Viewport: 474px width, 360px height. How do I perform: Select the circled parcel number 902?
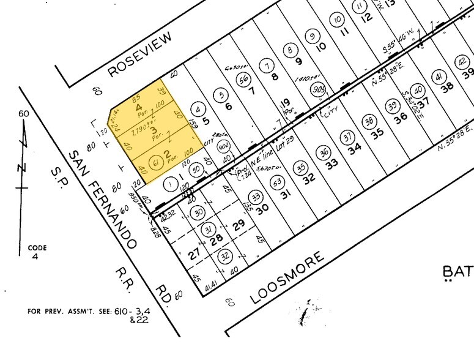224,145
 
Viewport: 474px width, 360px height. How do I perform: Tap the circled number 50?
196,170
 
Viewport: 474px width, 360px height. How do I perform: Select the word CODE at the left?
37,248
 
